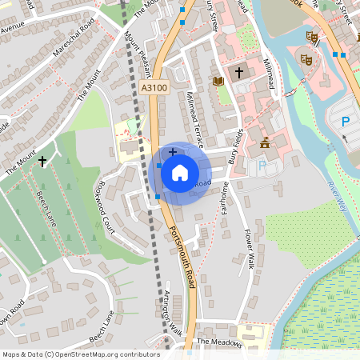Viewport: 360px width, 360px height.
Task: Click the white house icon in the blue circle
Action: pyautogui.click(x=180, y=172)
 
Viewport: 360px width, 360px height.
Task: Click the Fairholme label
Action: pyautogui.click(x=226, y=198)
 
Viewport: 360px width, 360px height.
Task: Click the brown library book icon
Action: pyautogui.click(x=218, y=81)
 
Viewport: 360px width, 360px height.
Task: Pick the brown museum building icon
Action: pyautogui.click(x=265, y=143)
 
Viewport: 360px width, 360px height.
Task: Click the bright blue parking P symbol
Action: pyautogui.click(x=346, y=122)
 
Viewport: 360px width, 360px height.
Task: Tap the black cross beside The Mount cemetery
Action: pyautogui.click(x=42, y=160)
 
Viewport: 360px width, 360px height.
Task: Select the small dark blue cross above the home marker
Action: pyautogui.click(x=173, y=151)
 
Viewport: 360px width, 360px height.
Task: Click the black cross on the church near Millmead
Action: pyautogui.click(x=238, y=73)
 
